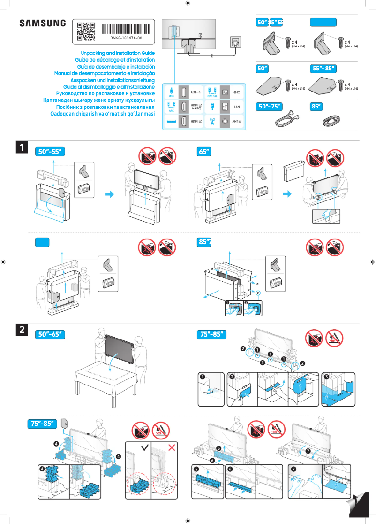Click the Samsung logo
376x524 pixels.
42,23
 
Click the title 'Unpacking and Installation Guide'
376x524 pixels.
118,54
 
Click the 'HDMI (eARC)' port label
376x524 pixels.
196,107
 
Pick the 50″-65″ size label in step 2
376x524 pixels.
50,334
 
